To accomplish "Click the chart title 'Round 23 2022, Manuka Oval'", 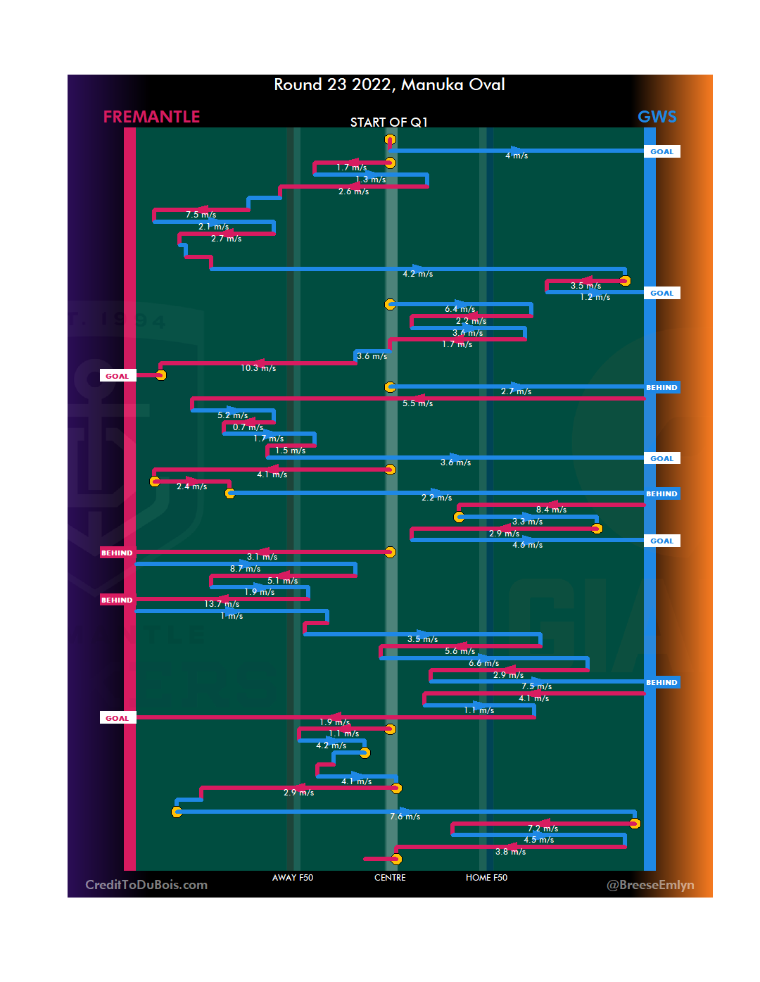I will pyautogui.click(x=389, y=85).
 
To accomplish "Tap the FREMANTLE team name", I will pyautogui.click(x=151, y=117).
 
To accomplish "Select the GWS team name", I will pyautogui.click(x=657, y=117).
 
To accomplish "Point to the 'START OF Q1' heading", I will pyautogui.click(x=388, y=122).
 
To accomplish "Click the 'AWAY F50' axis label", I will pyautogui.click(x=293, y=878).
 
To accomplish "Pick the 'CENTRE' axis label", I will pyautogui.click(x=390, y=878).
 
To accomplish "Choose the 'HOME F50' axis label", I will pyautogui.click(x=486, y=878).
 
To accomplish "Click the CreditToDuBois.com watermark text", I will pyautogui.click(x=146, y=885).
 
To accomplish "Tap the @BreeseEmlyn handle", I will pyautogui.click(x=650, y=885).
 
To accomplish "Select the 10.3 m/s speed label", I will pyautogui.click(x=258, y=368).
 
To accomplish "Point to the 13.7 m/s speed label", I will pyautogui.click(x=222, y=604).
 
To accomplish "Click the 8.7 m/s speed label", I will pyautogui.click(x=245, y=569).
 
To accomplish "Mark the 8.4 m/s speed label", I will pyautogui.click(x=551, y=510).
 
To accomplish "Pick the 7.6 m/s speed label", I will pyautogui.click(x=405, y=817).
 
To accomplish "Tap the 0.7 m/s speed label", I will pyautogui.click(x=248, y=427).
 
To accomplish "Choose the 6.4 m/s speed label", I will pyautogui.click(x=460, y=309).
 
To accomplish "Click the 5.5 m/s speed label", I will pyautogui.click(x=417, y=403).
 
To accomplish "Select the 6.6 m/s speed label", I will pyautogui.click(x=483, y=663).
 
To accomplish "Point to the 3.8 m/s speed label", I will pyautogui.click(x=510, y=852).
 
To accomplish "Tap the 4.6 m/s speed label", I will pyautogui.click(x=527, y=545).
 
